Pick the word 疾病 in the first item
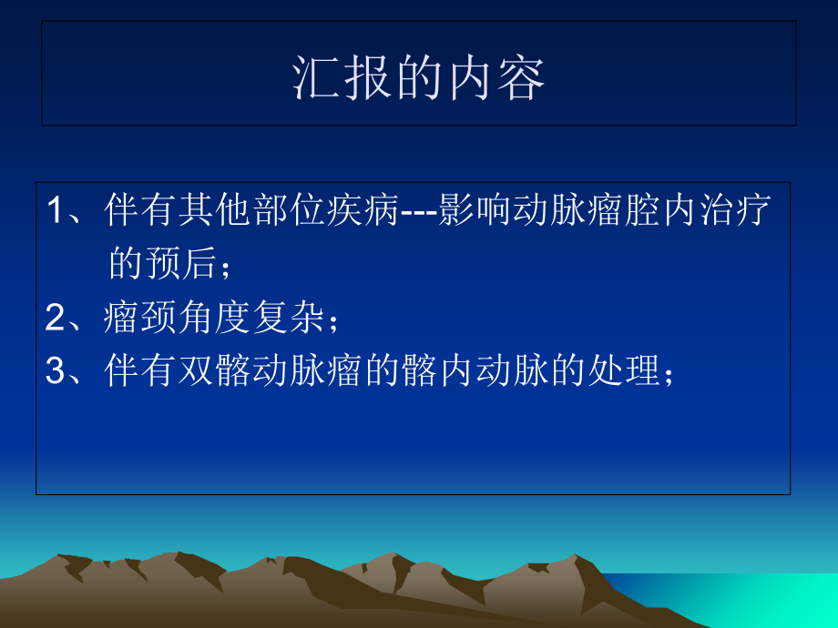371,212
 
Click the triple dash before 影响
419,214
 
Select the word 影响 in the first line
466,212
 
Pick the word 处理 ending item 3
628,370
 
